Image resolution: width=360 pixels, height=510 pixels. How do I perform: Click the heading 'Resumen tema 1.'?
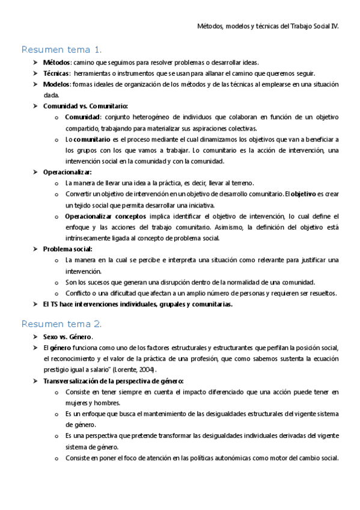click(62, 49)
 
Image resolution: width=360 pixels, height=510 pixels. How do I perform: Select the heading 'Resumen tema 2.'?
click(62, 324)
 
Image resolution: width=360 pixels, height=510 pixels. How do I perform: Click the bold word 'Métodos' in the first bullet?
click(56, 63)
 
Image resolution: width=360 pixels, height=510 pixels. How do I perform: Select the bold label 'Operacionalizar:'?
click(67, 172)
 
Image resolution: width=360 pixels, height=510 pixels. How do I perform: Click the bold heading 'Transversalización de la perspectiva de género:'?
click(114, 381)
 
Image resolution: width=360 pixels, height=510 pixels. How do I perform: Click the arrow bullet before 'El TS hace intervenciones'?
click(35, 304)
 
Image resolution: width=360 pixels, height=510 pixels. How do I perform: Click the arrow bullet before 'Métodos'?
click(35, 63)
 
